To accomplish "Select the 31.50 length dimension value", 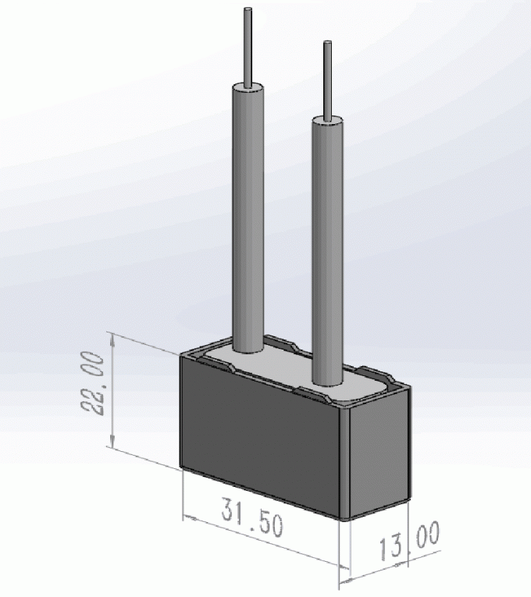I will [251, 518].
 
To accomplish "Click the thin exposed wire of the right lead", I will [327, 78].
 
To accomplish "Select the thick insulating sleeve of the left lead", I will [248, 219].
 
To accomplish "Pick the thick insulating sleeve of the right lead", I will [326, 250].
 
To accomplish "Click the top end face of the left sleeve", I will [248, 85].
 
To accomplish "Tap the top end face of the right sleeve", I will [326, 119].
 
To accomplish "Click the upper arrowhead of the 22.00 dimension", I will [114, 338].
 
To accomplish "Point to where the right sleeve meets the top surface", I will [326, 385].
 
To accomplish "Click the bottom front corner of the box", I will [348, 520].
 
